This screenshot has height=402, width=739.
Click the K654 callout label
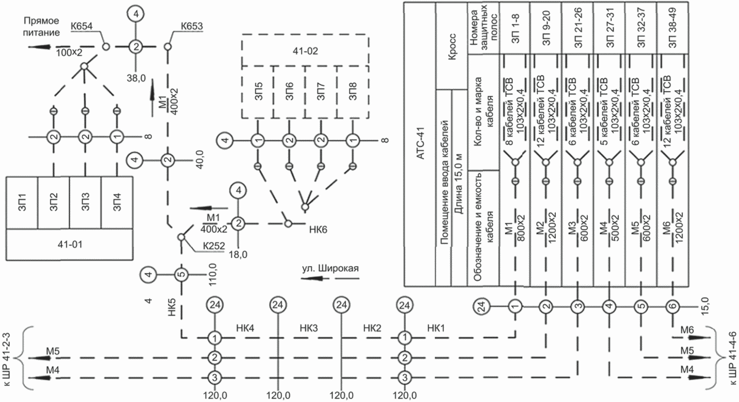(82, 26)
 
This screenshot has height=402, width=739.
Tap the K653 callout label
(192, 26)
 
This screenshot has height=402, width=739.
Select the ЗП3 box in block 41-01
(86, 203)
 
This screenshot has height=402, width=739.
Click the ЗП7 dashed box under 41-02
(320, 92)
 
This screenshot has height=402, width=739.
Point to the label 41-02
(305, 51)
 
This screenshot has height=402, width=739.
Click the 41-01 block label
(70, 244)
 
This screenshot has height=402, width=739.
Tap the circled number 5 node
(181, 274)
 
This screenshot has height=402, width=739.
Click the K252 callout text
(214, 246)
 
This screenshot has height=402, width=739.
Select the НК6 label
(318, 229)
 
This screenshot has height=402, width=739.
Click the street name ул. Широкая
(330, 268)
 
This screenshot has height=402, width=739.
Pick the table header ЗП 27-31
(609, 28)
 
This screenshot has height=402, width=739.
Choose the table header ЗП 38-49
(672, 28)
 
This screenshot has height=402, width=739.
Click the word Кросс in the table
(452, 47)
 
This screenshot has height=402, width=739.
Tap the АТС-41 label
(420, 144)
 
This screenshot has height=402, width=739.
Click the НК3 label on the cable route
(309, 328)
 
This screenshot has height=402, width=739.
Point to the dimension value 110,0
(212, 274)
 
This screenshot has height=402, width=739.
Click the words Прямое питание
(41, 27)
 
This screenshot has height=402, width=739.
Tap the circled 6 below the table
(673, 306)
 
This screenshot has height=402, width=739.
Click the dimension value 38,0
(136, 78)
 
